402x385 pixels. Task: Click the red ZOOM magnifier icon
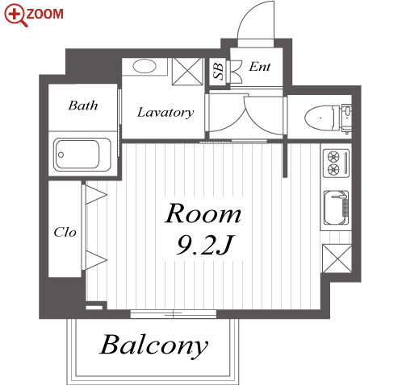coord(15,15)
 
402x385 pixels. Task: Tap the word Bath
coord(83,106)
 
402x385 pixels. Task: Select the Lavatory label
coord(165,113)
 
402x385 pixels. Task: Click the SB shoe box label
coord(218,71)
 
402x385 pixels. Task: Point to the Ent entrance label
coord(260,67)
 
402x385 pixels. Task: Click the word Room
coord(203,213)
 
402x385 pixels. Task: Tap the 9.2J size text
coord(205,245)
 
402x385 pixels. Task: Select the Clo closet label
coord(65,232)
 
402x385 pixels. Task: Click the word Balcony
coord(153,346)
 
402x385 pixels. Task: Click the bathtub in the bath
coord(82,155)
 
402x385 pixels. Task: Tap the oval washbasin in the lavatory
coord(144,66)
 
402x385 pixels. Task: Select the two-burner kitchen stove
coord(336,164)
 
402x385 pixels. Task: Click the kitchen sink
coord(336,207)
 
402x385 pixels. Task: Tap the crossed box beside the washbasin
coord(187,72)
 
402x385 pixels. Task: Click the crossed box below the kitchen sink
coord(337,259)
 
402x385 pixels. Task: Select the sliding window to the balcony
coord(174,313)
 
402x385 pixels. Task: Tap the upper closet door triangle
coord(96,195)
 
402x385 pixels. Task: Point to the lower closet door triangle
coord(96,260)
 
